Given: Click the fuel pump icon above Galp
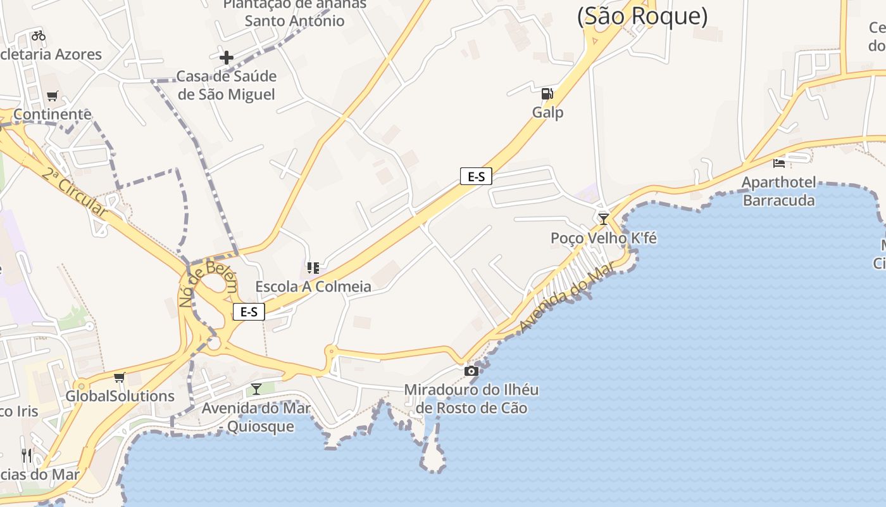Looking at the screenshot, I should (547, 94).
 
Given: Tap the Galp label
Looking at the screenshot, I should (547, 112).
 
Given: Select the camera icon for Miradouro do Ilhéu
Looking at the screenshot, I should (471, 371).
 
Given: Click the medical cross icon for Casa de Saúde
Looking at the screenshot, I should (226, 58).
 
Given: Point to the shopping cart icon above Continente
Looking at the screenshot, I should (52, 96).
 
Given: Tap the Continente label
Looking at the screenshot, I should (53, 115).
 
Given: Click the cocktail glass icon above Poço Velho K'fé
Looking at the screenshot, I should (603, 219).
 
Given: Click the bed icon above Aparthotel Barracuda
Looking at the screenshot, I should (778, 164).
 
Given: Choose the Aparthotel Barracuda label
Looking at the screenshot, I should (778, 191).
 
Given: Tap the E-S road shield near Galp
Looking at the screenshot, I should (476, 177).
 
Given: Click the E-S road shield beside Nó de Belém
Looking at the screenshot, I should (249, 311).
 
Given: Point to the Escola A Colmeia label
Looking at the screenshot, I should (313, 286).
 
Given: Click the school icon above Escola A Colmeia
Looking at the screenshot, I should (313, 268).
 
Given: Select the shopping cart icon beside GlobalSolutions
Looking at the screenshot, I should (119, 378).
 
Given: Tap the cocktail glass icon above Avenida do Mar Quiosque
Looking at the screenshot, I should (256, 388).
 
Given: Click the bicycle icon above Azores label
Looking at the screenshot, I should (38, 35).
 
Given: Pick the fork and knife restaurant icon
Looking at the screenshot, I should (26, 455).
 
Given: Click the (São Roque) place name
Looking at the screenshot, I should (642, 16).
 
